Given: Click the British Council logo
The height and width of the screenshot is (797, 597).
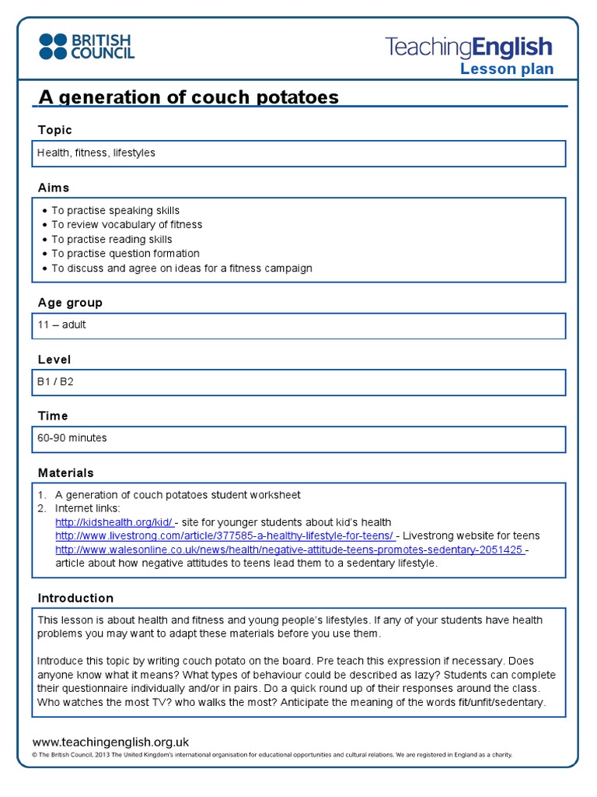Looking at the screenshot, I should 86,46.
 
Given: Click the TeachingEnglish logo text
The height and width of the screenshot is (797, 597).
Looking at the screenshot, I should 469,47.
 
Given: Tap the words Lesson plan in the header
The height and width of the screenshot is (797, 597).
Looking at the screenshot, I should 507,69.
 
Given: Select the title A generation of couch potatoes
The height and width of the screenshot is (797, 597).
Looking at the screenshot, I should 189,97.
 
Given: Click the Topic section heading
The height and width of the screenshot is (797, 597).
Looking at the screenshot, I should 54,130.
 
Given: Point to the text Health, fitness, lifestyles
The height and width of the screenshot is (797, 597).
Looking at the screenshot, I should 96,153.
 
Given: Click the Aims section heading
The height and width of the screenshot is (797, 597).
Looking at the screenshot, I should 54,188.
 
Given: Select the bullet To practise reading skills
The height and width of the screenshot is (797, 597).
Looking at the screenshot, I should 111,239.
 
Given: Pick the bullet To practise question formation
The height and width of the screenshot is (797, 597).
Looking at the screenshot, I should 125,254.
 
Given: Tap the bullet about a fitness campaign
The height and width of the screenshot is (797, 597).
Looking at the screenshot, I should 181,269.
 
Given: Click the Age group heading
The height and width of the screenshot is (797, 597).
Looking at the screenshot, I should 70,303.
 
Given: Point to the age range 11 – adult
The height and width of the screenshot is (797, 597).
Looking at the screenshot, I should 61,325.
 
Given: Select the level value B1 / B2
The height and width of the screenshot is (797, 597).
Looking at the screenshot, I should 55,381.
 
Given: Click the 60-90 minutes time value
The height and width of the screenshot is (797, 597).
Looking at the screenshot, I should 72,438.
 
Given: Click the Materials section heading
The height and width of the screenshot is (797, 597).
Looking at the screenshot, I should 66,473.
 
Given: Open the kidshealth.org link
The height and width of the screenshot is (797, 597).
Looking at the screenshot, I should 114,522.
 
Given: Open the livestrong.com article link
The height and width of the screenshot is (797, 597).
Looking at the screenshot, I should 224,536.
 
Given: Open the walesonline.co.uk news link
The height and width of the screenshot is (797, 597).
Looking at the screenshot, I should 288,549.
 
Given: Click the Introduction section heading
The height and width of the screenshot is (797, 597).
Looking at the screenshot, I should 75,599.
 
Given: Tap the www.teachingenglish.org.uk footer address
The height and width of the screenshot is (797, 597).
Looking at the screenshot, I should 110,743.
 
